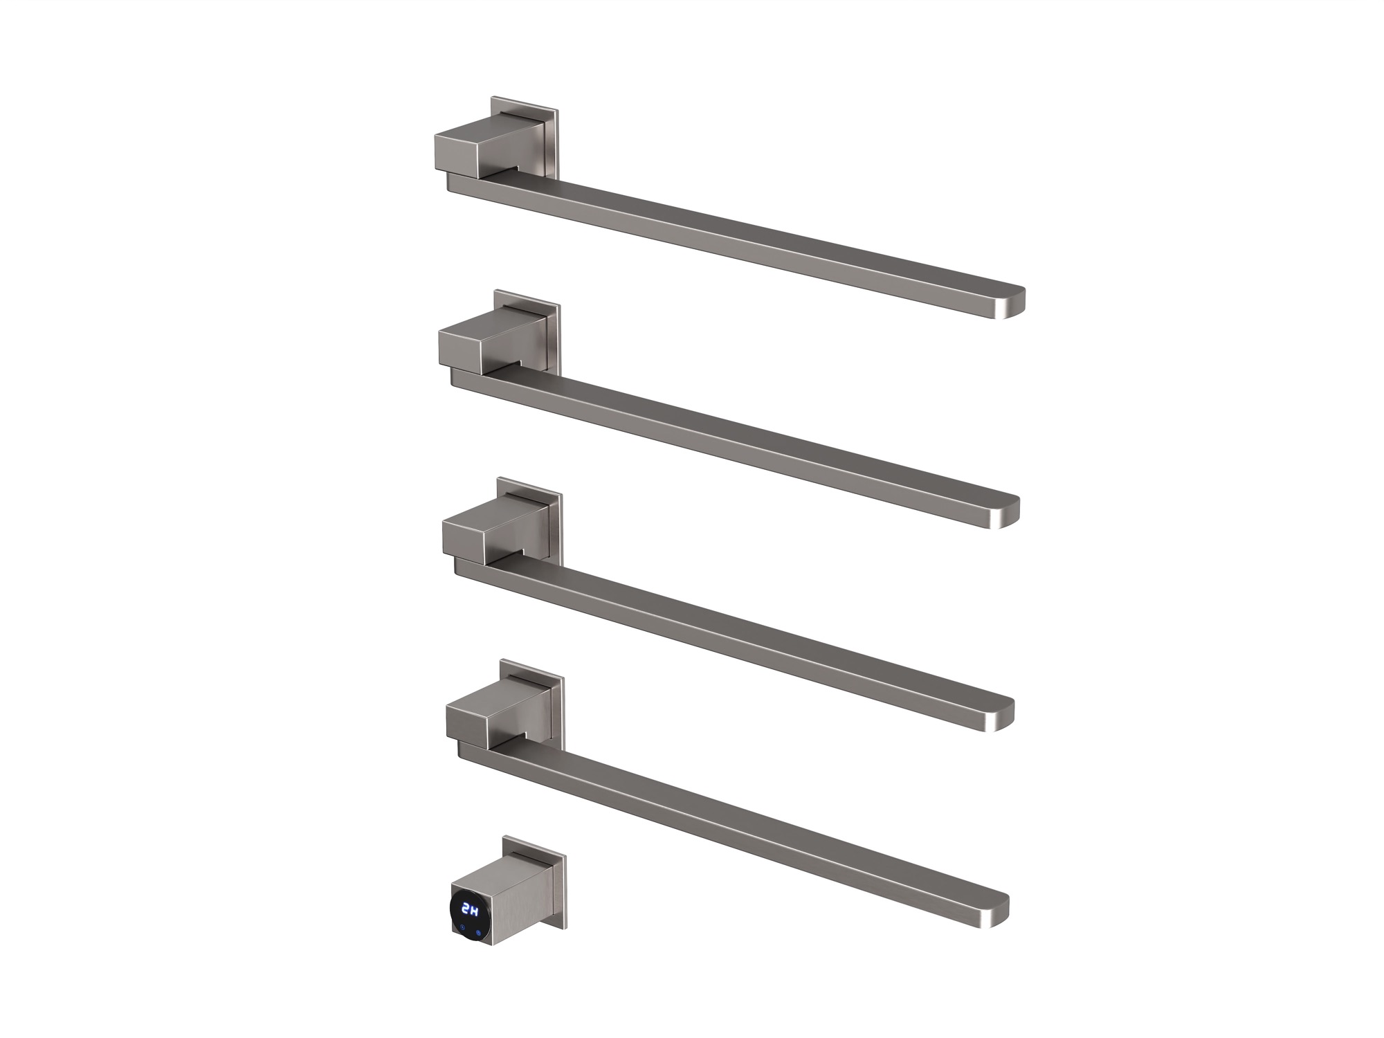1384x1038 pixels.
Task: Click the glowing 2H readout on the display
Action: pos(471,909)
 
